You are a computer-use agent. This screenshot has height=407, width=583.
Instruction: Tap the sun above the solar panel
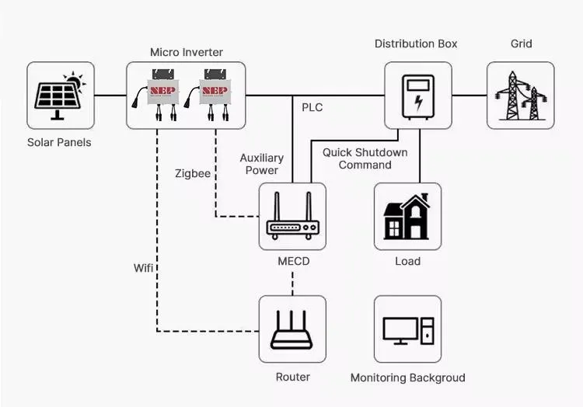[x=74, y=80]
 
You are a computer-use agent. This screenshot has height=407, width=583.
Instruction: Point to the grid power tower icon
[x=520, y=96]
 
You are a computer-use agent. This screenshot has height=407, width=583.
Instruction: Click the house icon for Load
[x=407, y=217]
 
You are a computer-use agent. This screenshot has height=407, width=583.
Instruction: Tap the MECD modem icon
[x=292, y=217]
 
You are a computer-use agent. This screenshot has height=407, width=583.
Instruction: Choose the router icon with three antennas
[x=291, y=329]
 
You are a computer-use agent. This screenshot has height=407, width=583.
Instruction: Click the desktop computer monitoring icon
[x=407, y=329]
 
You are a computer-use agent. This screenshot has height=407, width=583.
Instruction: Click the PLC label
[x=312, y=107]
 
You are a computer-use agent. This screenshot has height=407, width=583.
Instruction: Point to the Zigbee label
[x=192, y=174]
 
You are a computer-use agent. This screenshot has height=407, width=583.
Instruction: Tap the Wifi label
[x=143, y=268]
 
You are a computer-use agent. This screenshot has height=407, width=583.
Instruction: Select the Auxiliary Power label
[x=261, y=164]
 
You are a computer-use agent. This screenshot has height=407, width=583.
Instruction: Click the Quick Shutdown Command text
[x=365, y=158]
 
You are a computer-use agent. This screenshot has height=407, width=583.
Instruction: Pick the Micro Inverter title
[x=187, y=52]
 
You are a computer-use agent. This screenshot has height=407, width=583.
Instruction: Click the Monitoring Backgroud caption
[x=407, y=377]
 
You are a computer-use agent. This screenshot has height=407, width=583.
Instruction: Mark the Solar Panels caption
[x=59, y=142]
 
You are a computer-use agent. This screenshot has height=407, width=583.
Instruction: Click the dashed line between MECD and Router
[x=292, y=284]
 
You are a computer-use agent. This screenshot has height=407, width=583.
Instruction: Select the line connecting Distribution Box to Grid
[x=469, y=96]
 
